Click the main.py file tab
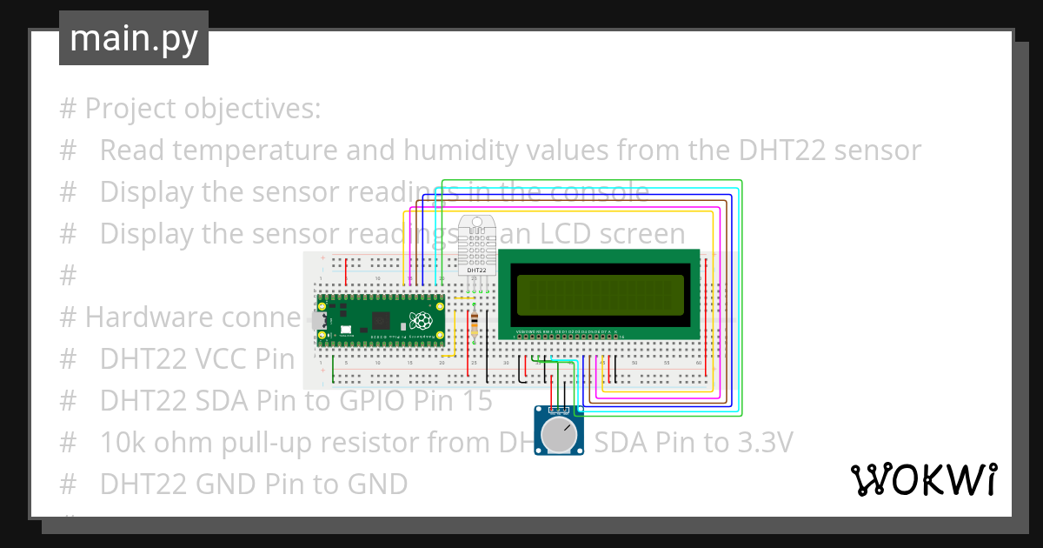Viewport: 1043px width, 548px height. coord(133,38)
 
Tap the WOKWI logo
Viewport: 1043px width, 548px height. coord(923,479)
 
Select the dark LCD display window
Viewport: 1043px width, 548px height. coord(599,295)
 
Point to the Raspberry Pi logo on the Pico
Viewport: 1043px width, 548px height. coord(422,320)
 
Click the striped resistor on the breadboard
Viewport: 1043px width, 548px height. coord(474,324)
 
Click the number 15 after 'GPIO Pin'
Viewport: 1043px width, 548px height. coord(476,400)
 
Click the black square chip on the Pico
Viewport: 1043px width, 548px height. coord(379,318)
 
